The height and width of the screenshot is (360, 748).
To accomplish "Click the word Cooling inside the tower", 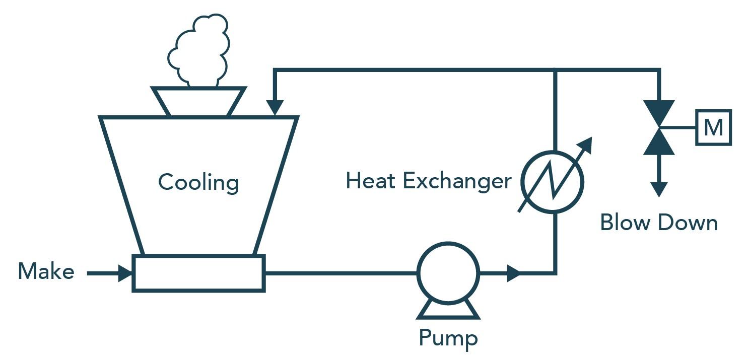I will pos(198,182).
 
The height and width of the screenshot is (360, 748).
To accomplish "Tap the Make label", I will pos(46,272).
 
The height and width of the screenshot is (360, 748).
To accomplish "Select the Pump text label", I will pos(448,338).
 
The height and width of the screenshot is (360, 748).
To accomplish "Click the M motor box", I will pos(713,128).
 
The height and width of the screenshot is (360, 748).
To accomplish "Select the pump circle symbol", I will pos(448,273).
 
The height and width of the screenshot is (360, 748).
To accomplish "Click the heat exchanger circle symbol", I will pos(553,181).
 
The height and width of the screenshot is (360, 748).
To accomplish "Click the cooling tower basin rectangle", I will pos(198,273).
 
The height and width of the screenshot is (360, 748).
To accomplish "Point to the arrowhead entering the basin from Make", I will pos(124,273).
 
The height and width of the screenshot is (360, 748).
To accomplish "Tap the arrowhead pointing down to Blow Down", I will pos(659,189).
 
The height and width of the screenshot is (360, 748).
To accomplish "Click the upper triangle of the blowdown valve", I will pos(659,112).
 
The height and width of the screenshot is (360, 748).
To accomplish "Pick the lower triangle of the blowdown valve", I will pos(659,142).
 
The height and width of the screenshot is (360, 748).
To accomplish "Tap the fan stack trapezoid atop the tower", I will pos(199,101).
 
